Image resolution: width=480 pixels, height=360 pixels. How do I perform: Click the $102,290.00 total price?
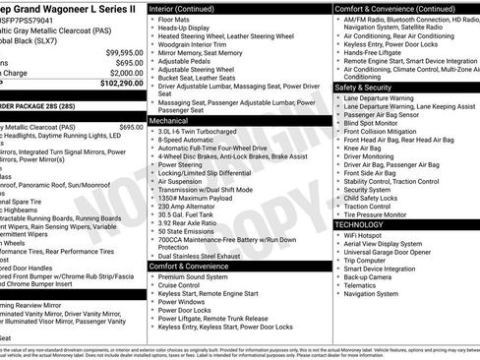118,85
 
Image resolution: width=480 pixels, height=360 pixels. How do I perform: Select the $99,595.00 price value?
124,51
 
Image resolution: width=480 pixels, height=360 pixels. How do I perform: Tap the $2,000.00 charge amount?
125,73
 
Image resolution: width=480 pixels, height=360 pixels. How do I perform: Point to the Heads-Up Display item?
186,29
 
